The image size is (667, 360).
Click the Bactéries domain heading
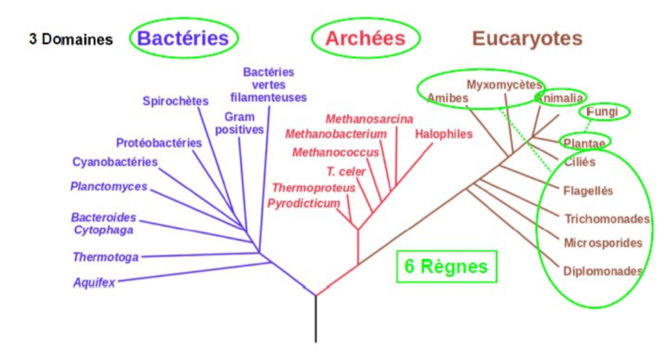pos(183,37)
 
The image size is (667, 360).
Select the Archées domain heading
pos(365,38)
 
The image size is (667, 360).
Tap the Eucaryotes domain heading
pos(527,38)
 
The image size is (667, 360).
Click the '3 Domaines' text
pos(70,39)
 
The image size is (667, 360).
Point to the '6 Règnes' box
pos(446,266)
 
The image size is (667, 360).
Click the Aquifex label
pos(94,283)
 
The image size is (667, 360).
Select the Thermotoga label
pos(106,256)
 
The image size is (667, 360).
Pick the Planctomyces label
pos(108,187)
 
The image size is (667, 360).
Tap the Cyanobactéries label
pos(115,161)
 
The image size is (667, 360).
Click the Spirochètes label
pos(175,101)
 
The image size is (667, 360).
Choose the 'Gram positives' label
pos(239,123)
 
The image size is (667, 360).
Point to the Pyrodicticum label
pos(304,203)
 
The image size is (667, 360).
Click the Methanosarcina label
pos(369,119)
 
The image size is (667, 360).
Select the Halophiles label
pos(443,134)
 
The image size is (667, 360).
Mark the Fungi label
pos(603,112)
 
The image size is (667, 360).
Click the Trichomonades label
pos(607,219)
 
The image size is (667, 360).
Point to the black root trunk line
pos(316,319)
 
